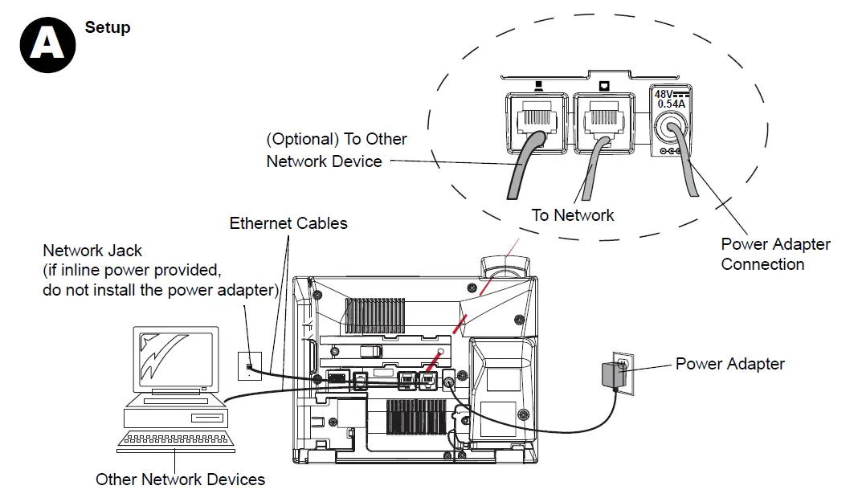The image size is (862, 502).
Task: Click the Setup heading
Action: click(x=108, y=27)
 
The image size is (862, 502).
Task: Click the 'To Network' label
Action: click(x=573, y=215)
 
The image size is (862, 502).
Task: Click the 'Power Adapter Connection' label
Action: click(x=775, y=254)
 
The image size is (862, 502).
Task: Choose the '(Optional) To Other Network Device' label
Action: click(x=336, y=150)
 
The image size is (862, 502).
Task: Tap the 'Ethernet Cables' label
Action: click(x=288, y=223)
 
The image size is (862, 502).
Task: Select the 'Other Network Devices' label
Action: click(x=180, y=480)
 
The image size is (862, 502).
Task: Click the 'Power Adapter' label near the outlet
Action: click(x=729, y=364)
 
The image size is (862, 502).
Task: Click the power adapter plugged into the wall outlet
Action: click(x=612, y=375)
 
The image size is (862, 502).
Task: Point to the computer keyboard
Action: click(x=177, y=440)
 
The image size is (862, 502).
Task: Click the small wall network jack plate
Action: click(x=250, y=364)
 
